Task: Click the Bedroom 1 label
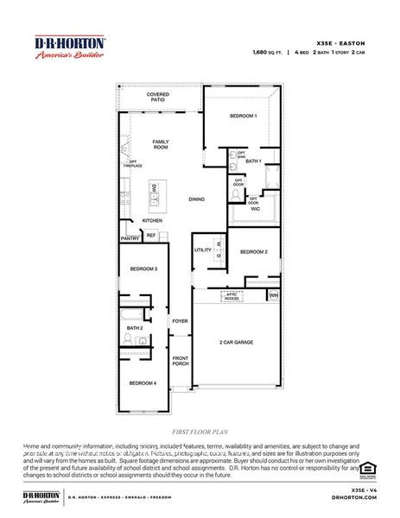(x=243, y=116)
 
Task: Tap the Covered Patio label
(x=158, y=97)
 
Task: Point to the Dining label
(x=197, y=199)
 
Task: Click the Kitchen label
(x=152, y=220)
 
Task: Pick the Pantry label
(x=130, y=238)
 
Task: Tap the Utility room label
(x=203, y=250)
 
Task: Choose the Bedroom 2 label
(x=253, y=251)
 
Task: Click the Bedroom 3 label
(x=143, y=269)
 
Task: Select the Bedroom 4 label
(x=143, y=382)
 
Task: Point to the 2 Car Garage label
(x=235, y=343)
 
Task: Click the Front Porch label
(x=180, y=361)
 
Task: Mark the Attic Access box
(x=232, y=295)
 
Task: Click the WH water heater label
(x=274, y=295)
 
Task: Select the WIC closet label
(x=256, y=209)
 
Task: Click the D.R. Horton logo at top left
(x=69, y=47)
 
